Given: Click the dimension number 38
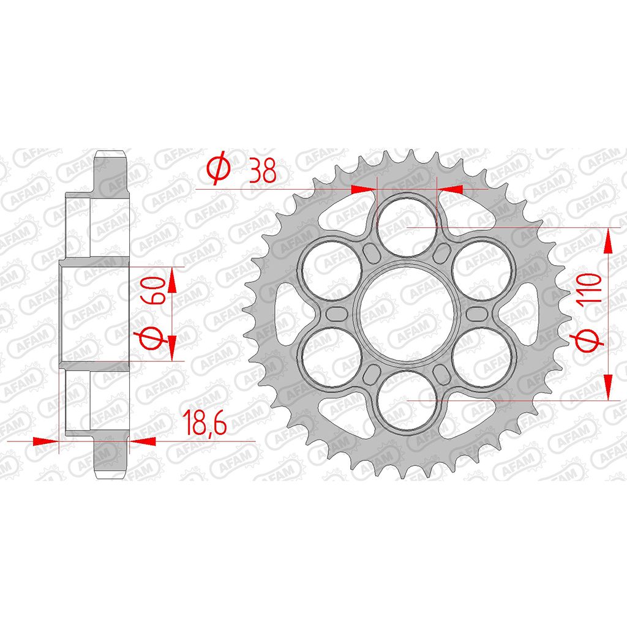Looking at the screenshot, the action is point(263,170).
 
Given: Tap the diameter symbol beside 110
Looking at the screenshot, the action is point(588,340).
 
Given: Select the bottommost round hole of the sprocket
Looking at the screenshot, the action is point(407,400).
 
